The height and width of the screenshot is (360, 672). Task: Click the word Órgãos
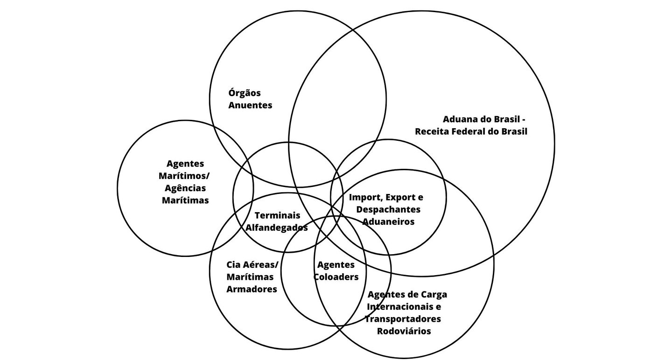[x=245, y=93]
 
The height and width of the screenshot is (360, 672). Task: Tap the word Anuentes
[x=250, y=105]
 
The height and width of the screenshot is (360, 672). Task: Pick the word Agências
[x=185, y=188]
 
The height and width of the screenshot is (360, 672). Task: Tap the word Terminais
[x=277, y=215]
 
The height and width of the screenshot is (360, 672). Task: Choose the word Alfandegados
[x=277, y=228]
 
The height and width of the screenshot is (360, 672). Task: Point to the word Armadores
[x=252, y=289]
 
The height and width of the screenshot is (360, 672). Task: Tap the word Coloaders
[x=336, y=277]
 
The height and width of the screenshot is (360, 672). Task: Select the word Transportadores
[x=403, y=319]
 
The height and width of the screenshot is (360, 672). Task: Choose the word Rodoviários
[x=404, y=331]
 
